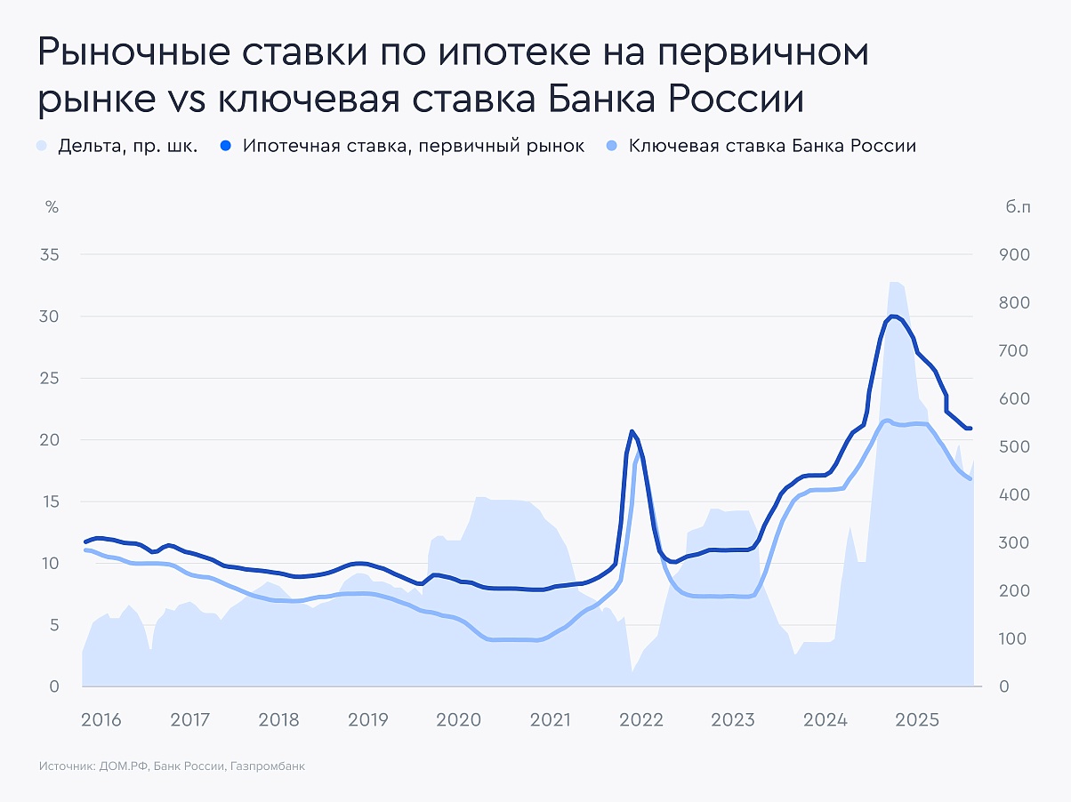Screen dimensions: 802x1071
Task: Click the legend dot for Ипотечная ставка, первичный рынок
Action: pyautogui.click(x=227, y=146)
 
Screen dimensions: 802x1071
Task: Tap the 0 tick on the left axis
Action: pyautogui.click(x=53, y=686)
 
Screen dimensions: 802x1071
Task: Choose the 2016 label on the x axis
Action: pyautogui.click(x=101, y=719)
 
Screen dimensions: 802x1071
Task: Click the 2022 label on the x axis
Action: pyautogui.click(x=640, y=719)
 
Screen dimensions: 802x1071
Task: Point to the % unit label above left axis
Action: pyautogui.click(x=52, y=207)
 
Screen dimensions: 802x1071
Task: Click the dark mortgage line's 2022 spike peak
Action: pyautogui.click(x=632, y=432)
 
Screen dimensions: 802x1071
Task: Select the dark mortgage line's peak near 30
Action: pyautogui.click(x=892, y=317)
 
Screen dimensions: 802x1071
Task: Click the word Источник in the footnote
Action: pyautogui.click(x=67, y=766)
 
